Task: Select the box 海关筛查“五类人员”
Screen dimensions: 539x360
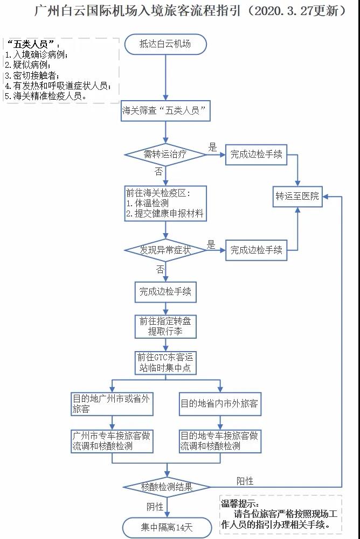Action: [165, 112]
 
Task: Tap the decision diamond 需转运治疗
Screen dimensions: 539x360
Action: [166, 155]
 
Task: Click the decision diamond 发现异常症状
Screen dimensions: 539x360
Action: [166, 250]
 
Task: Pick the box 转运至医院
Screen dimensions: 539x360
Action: [297, 196]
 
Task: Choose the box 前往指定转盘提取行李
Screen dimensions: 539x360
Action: [165, 326]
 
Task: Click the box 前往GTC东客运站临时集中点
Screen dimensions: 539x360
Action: [165, 363]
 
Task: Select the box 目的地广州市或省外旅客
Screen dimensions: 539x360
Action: [112, 404]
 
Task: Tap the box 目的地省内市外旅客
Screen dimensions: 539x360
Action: [220, 404]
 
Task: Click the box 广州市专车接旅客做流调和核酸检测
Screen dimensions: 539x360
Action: [112, 440]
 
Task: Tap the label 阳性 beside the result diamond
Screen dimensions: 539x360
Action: [245, 481]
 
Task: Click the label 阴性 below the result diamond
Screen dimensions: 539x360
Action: [155, 507]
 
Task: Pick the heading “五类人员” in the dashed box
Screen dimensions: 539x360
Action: [33, 44]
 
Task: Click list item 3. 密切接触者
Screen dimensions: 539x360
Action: [32, 75]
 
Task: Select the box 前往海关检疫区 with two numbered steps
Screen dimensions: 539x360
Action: [165, 204]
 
